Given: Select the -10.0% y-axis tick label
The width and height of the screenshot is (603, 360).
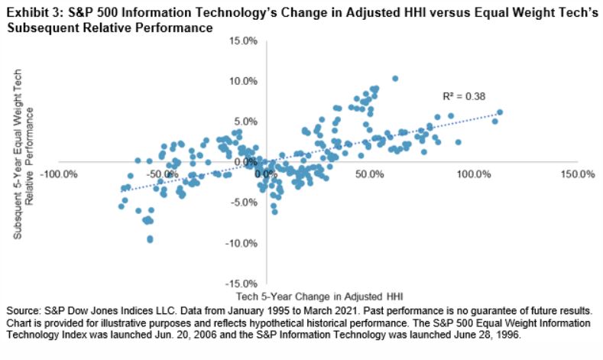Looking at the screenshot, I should click(x=242, y=242).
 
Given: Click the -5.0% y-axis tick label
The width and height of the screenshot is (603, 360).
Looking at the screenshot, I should click(x=243, y=202).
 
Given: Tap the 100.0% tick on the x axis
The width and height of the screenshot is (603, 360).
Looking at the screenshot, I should click(x=473, y=174).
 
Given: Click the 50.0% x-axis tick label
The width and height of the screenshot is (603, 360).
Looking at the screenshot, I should click(x=370, y=174).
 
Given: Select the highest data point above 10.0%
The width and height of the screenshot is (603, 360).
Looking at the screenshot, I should click(x=394, y=78).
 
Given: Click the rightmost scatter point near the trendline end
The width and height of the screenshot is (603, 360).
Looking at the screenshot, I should click(x=500, y=112).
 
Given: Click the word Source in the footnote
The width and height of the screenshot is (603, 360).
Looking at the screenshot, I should click(x=23, y=311).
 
